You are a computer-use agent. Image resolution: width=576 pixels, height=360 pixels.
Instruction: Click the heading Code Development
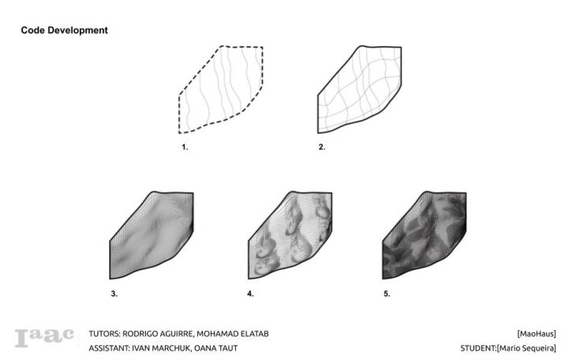(64, 30)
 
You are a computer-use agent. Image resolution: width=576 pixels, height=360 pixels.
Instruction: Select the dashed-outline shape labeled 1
(221, 89)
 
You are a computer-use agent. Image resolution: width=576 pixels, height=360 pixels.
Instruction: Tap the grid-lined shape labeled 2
(359, 89)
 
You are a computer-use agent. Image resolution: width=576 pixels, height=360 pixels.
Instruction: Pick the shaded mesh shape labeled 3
(151, 235)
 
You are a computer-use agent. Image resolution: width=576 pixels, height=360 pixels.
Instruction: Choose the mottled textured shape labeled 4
(290, 235)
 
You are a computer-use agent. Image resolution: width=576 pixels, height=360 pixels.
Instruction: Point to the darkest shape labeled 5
(425, 235)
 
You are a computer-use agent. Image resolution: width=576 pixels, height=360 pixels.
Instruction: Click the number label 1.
(185, 147)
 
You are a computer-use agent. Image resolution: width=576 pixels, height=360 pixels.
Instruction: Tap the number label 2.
(322, 147)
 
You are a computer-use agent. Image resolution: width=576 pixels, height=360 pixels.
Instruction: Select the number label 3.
(114, 294)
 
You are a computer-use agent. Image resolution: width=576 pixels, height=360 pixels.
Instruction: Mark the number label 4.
(251, 294)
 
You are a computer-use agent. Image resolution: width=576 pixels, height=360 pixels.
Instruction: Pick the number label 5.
(387, 294)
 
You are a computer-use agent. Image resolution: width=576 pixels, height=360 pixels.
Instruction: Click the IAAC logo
(44, 338)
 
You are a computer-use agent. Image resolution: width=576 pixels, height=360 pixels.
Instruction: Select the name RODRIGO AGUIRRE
(159, 334)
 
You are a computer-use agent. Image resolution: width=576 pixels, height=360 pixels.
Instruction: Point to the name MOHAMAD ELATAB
(233, 334)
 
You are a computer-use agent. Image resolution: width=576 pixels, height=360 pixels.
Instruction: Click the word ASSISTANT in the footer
(109, 348)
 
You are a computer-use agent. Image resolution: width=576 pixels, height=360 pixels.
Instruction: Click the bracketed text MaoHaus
(537, 334)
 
